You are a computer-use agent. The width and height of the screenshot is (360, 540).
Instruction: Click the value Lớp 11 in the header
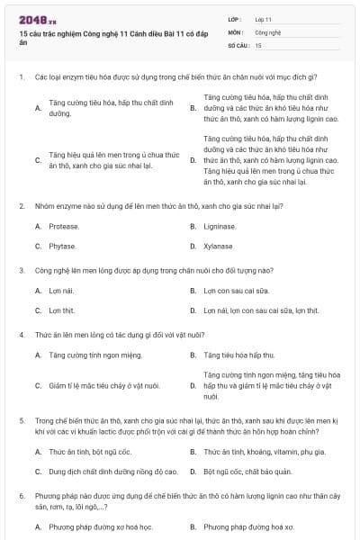click(264, 18)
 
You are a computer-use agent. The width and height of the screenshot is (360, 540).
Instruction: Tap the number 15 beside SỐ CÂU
click(258, 44)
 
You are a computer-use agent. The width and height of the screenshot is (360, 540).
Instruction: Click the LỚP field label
click(236, 18)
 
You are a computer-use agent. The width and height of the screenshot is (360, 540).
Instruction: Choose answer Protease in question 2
click(64, 226)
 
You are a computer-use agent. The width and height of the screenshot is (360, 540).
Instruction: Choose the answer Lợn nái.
click(61, 291)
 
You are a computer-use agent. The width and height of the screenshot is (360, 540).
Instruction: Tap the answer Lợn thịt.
click(61, 310)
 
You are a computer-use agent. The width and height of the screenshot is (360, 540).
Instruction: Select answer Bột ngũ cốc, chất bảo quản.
click(247, 471)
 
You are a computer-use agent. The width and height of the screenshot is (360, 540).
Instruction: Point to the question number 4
click(20, 334)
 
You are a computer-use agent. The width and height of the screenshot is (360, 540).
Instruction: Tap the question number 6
click(20, 496)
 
